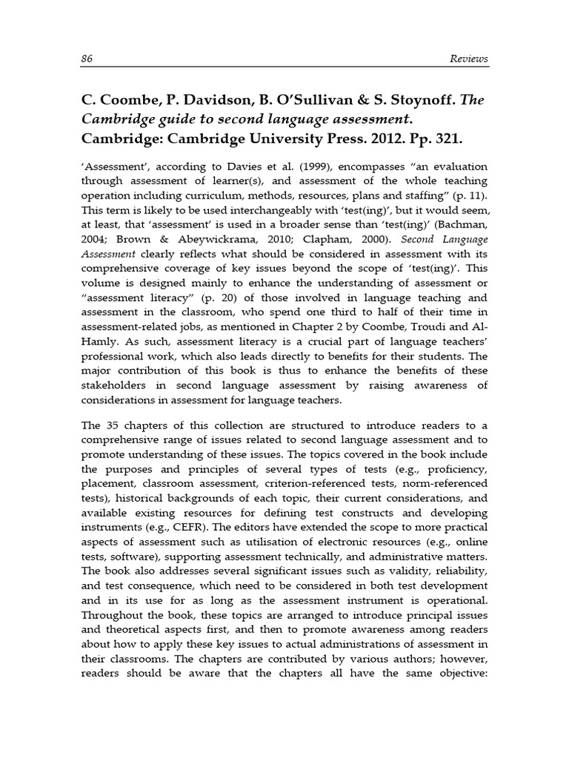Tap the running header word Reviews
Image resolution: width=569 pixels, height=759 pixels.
tap(468, 58)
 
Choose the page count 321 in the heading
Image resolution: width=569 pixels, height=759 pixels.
tap(456, 139)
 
